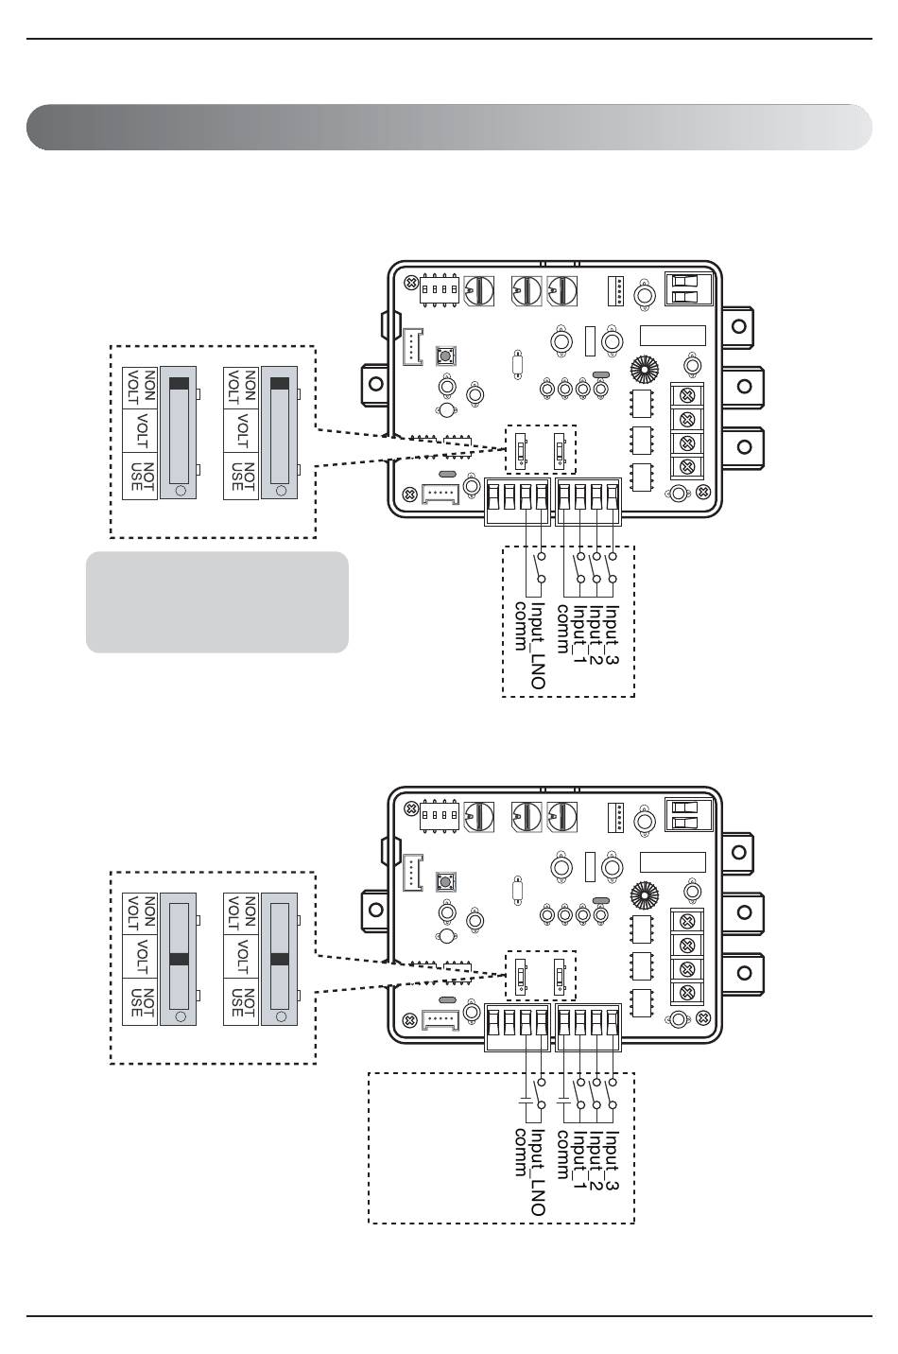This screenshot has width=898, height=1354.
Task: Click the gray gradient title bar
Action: pos(449,127)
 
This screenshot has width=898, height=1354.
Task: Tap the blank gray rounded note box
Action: pos(217,602)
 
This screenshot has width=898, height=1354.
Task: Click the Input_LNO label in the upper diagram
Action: pos(538,646)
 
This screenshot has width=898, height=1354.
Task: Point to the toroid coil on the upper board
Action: pos(644,370)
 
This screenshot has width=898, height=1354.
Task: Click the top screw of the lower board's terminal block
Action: pos(687,921)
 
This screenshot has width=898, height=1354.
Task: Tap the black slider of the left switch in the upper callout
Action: pos(179,383)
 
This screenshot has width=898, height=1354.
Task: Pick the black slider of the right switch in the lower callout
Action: pos(279,959)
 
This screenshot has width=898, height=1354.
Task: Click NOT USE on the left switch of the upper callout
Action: pos(142,477)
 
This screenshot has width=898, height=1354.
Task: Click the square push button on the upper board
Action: pos(446,356)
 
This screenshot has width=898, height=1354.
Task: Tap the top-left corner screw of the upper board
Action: pos(411,283)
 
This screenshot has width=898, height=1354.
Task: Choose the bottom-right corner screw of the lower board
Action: pos(703,1018)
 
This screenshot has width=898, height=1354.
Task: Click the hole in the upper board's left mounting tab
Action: pos(376,384)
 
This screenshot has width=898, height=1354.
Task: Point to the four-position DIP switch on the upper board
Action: pos(440,290)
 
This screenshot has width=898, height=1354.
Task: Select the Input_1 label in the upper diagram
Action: pos(579,634)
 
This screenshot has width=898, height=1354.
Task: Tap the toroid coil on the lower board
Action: pos(644,895)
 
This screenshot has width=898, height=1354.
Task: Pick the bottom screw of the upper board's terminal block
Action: pos(687,467)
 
